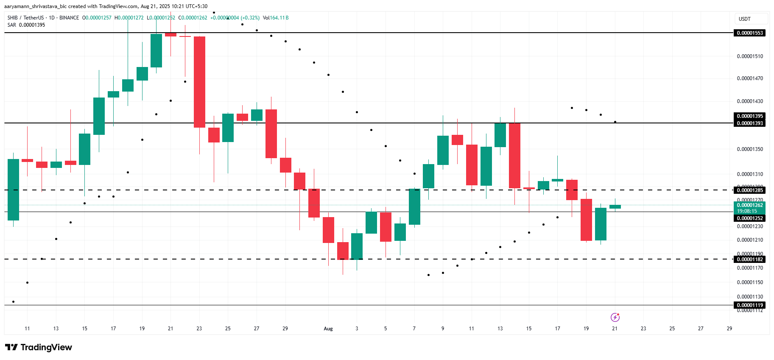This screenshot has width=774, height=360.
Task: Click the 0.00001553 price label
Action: [x=749, y=33]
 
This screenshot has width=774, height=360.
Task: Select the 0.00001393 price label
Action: [x=749, y=123]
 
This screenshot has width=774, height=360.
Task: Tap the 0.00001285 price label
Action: [x=749, y=190]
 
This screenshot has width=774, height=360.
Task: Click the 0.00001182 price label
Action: [x=749, y=260]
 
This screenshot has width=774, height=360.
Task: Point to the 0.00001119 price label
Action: [x=749, y=305]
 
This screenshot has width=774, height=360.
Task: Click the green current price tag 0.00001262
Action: [x=749, y=205]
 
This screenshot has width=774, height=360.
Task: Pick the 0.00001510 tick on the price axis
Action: [x=749, y=56]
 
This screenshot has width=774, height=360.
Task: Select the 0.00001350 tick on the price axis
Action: [x=749, y=149]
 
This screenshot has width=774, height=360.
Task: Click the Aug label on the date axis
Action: [x=328, y=329]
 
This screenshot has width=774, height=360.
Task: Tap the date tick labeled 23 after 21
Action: [x=643, y=329]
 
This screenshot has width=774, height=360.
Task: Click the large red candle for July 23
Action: [x=199, y=82]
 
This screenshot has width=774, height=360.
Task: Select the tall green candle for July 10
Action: [x=13, y=190]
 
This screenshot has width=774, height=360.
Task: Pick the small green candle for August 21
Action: [x=615, y=207]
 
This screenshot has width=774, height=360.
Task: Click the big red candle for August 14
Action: [x=514, y=155]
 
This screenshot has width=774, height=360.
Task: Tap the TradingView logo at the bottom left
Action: [x=39, y=347]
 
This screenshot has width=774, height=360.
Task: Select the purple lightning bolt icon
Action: [x=615, y=317]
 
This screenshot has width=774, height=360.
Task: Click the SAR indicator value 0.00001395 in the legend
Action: [x=32, y=25]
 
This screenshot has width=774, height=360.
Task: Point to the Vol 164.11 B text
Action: [x=276, y=18]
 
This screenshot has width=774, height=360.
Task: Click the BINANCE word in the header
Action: [x=69, y=18]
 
